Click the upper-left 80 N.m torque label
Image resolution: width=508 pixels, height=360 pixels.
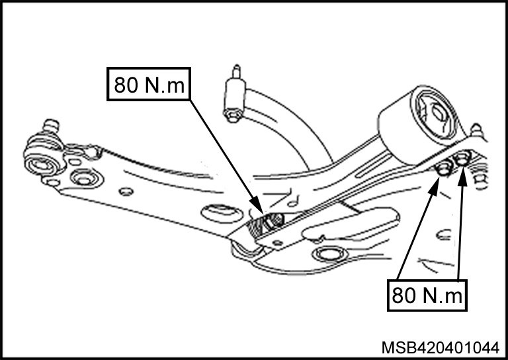[x=149, y=84]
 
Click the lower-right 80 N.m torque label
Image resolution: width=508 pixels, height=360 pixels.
[x=427, y=295]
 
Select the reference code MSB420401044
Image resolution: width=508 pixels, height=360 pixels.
[x=441, y=348]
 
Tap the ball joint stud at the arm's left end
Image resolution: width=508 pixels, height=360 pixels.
[x=51, y=125]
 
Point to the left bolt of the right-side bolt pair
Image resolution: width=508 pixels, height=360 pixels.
[x=444, y=169]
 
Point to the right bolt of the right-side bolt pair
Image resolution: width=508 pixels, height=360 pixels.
[x=462, y=159]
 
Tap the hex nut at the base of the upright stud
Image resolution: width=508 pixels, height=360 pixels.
[x=232, y=115]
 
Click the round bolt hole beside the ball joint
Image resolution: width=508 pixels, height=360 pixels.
[x=85, y=179]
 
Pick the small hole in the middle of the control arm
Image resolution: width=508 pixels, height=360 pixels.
[x=126, y=191]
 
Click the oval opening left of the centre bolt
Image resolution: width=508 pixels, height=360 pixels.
[x=222, y=214]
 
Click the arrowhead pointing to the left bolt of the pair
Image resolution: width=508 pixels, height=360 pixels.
[x=433, y=187]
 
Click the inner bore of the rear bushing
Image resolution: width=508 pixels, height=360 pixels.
[x=439, y=112]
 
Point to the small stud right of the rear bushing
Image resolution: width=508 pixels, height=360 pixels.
[x=477, y=129]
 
